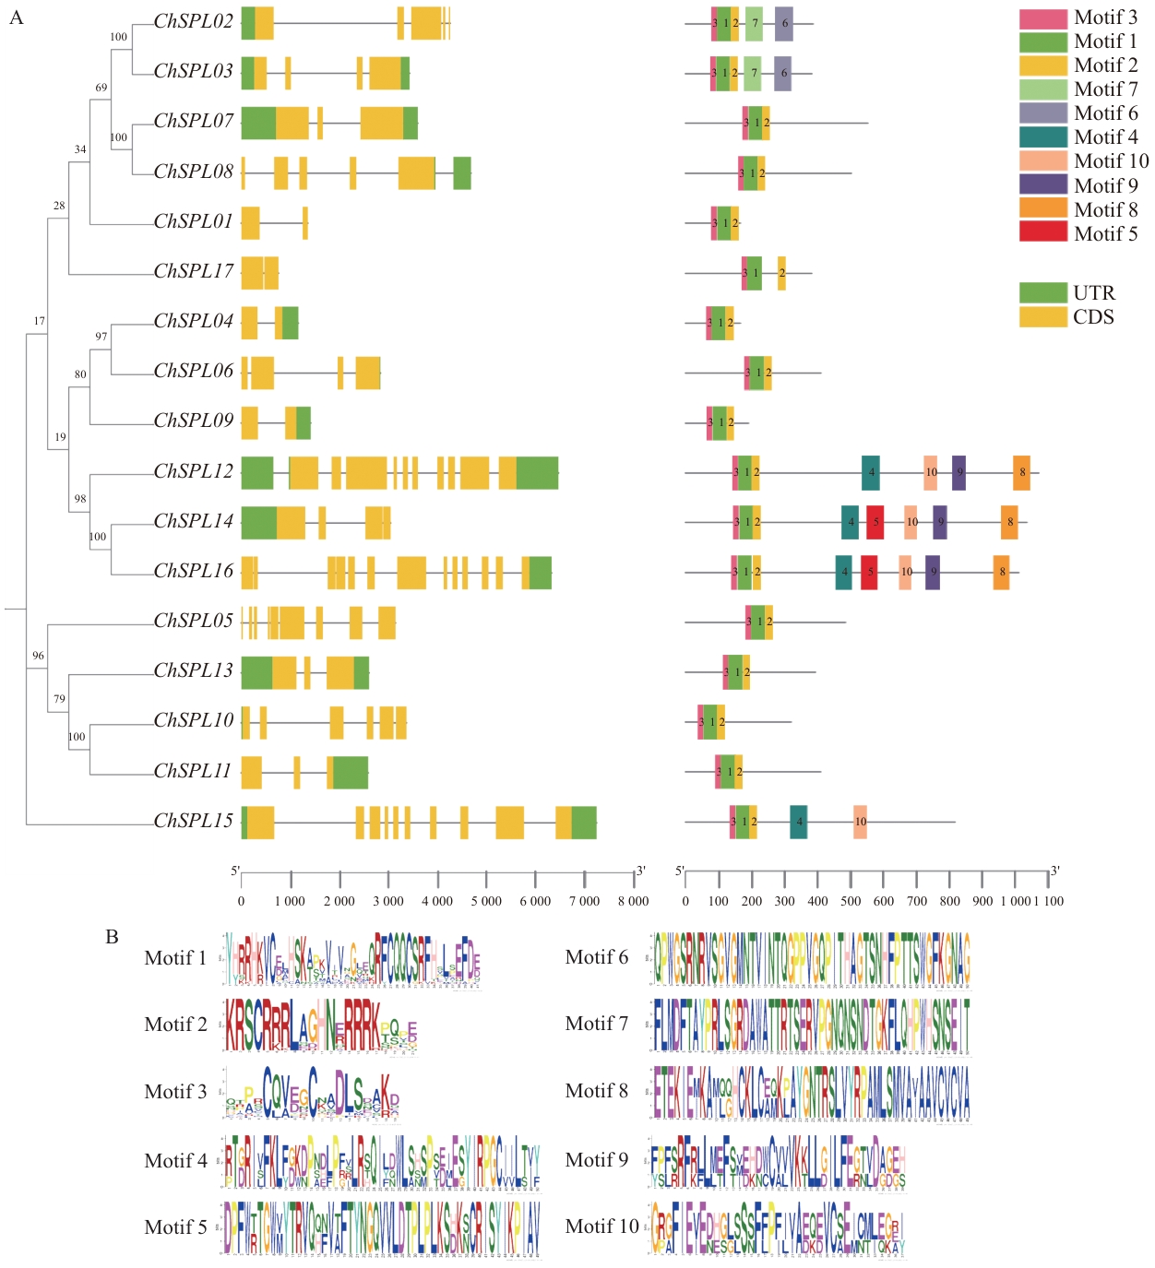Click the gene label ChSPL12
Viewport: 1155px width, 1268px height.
pos(193,471)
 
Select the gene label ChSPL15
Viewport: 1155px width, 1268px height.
pos(193,821)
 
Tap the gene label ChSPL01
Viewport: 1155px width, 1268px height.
pos(193,221)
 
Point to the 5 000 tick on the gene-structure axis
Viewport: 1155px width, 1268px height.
pos(486,876)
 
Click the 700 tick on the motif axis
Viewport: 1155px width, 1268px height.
pos(917,876)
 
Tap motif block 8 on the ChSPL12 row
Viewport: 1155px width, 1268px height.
pos(1021,472)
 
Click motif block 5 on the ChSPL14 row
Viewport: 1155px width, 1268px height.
pos(875,522)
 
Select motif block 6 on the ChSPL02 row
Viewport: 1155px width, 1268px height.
pos(784,24)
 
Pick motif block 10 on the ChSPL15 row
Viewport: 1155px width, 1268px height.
pos(860,822)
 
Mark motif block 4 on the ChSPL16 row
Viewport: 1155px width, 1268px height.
pos(843,572)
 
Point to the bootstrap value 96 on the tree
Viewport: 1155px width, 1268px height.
pos(38,656)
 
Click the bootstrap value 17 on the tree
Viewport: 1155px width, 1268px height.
pos(39,321)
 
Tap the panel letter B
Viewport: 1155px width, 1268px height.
pos(112,937)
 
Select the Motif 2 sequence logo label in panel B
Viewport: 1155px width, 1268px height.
pos(175,1025)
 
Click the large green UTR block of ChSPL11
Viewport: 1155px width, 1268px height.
pos(351,772)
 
